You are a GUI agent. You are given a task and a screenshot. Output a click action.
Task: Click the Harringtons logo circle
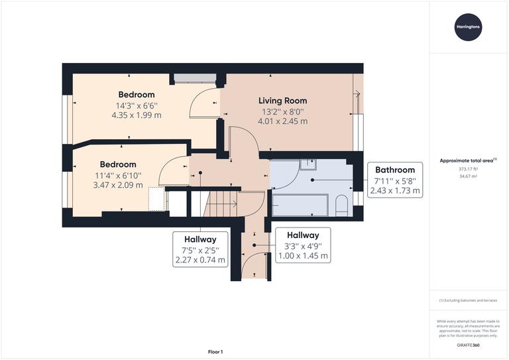pos(469,27)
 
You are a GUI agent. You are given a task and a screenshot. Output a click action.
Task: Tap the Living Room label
pos(283,101)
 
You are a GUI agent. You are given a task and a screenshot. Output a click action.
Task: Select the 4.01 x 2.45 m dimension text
pos(283,121)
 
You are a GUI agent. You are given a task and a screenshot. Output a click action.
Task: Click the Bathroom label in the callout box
pos(395,170)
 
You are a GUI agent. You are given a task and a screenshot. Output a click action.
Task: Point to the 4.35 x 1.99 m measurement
pos(137,115)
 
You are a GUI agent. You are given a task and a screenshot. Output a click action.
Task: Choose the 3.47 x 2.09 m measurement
pos(118,185)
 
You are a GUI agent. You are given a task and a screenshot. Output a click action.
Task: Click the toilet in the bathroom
pos(342,205)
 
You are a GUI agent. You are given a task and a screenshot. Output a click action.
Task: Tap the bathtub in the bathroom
pos(300,205)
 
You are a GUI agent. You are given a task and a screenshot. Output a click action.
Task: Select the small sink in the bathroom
pos(309,165)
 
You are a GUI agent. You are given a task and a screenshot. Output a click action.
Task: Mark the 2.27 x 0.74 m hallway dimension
pos(199,261)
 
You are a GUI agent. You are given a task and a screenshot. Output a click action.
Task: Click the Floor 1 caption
pos(216,351)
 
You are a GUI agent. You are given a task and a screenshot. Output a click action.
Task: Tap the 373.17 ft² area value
pos(468,168)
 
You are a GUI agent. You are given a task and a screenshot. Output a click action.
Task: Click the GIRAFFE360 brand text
pos(468,346)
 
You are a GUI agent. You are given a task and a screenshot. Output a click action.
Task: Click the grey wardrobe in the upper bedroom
pos(195,78)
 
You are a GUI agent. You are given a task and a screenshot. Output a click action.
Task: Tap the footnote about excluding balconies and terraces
pos(469,301)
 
